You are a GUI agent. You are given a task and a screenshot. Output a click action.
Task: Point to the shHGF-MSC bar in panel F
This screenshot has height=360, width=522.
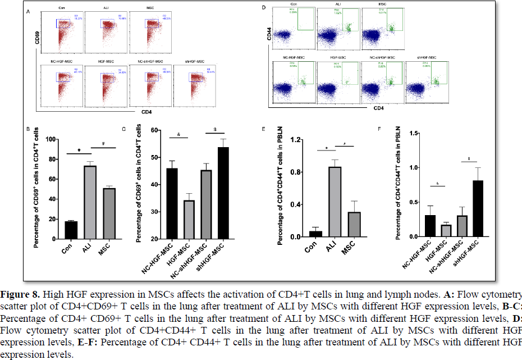478,207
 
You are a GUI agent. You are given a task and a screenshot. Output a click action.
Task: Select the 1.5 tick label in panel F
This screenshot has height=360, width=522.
416,133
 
